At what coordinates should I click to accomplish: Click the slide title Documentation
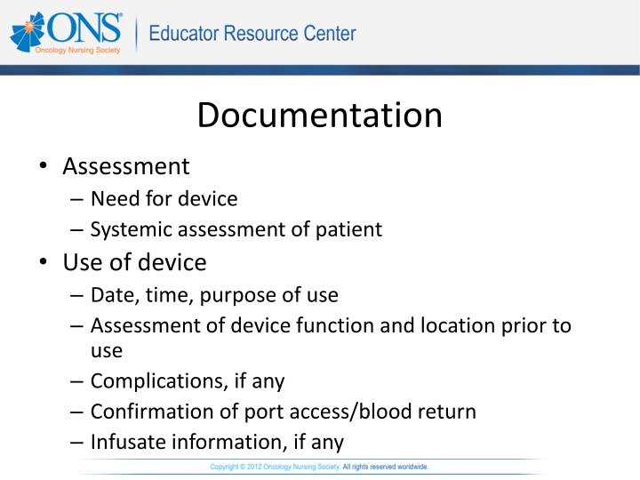pyautogui.click(x=319, y=116)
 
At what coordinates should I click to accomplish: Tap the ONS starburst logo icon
pyautogui.click(x=27, y=34)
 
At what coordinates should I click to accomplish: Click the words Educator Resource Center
pyautogui.click(x=252, y=35)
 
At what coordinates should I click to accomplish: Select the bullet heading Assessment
pyautogui.click(x=126, y=166)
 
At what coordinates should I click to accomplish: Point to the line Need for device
pyautogui.click(x=164, y=198)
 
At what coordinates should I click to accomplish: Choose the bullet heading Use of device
pyautogui.click(x=134, y=262)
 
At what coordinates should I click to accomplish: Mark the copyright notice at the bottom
pyautogui.click(x=319, y=466)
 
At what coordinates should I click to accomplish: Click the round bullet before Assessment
pyautogui.click(x=44, y=167)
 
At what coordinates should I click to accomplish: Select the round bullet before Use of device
pyautogui.click(x=44, y=263)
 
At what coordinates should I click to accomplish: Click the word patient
pyautogui.click(x=349, y=229)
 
